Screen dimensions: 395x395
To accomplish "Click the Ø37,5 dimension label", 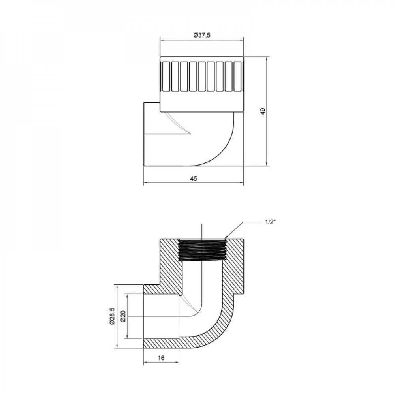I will [201, 35].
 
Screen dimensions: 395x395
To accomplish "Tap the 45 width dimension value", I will [193, 179].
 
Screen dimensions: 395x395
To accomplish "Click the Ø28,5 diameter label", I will [112, 316].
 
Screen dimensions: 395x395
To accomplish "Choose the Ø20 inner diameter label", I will [123, 316].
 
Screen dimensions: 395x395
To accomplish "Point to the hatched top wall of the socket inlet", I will [162, 290].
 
